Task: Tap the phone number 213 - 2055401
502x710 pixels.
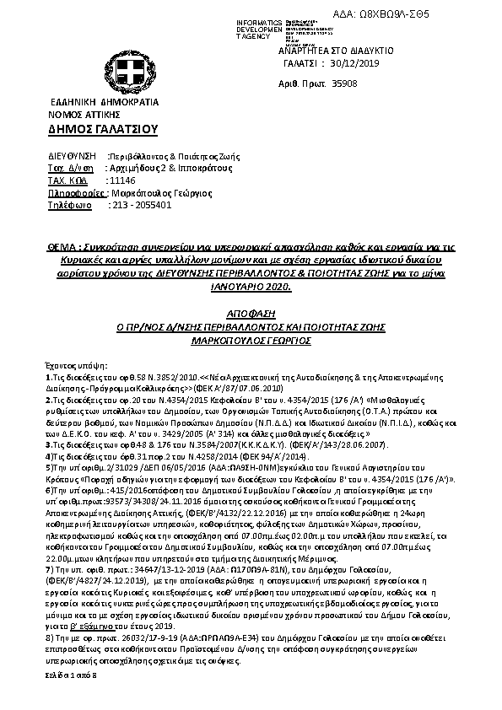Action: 141,204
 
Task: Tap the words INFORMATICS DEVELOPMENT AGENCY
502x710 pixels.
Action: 261,28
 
